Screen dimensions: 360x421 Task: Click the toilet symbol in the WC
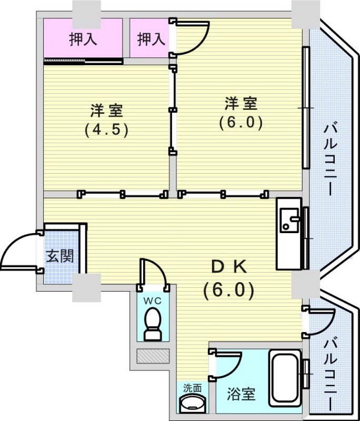point(153,324)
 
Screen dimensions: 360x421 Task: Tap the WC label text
point(152,301)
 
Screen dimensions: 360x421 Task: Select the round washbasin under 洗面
point(192,404)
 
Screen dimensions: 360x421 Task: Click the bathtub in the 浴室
point(285,378)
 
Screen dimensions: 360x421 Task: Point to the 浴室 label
point(241,394)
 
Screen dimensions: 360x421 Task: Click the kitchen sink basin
point(289,220)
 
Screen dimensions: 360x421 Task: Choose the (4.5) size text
point(106,130)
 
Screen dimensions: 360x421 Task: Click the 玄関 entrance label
point(60,256)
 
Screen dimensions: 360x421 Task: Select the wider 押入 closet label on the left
point(83,39)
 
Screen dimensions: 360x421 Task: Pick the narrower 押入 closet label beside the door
point(151,39)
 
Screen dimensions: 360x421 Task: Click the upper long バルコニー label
point(330,159)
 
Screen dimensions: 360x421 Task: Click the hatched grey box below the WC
point(153,356)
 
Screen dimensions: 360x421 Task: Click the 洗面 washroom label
point(192,388)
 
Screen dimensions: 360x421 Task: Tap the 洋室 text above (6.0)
point(241,103)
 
